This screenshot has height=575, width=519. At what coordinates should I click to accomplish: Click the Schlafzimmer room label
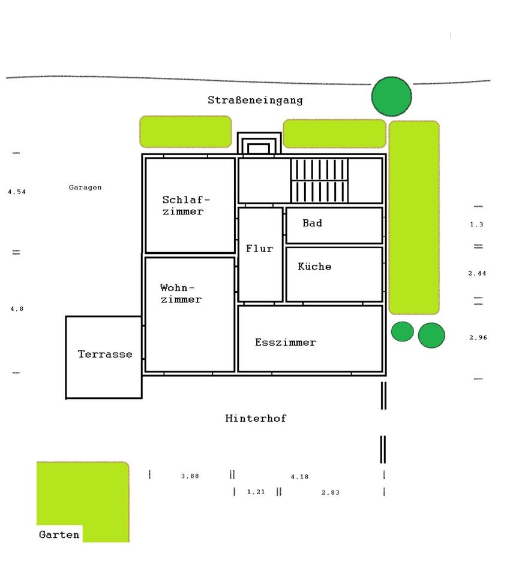pyautogui.click(x=186, y=205)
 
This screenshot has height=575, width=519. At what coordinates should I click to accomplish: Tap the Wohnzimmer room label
pyautogui.click(x=181, y=293)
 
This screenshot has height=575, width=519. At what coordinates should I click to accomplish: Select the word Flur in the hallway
pyautogui.click(x=260, y=249)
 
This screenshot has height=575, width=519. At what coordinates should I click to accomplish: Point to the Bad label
pyautogui.click(x=312, y=223)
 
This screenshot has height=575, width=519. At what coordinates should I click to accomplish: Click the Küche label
pyautogui.click(x=315, y=266)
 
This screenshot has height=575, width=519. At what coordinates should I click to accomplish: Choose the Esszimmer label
pyautogui.click(x=286, y=342)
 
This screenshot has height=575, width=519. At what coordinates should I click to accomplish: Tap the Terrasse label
pyautogui.click(x=105, y=354)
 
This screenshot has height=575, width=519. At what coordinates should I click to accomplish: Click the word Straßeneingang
pyautogui.click(x=255, y=100)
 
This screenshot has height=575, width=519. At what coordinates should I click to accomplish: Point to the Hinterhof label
pyautogui.click(x=256, y=418)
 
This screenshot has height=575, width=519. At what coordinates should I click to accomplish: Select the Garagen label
pyautogui.click(x=85, y=187)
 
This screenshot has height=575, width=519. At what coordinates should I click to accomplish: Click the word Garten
pyautogui.click(x=59, y=534)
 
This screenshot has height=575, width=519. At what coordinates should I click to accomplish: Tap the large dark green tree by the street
pyautogui.click(x=392, y=96)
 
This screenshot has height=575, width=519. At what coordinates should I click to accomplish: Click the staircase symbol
pyautogui.click(x=319, y=180)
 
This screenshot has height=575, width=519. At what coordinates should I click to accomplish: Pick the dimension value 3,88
pyautogui.click(x=190, y=476)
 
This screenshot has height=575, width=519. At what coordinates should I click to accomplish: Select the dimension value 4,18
pyautogui.click(x=300, y=477)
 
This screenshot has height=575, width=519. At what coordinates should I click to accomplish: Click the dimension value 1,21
pyautogui.click(x=256, y=492)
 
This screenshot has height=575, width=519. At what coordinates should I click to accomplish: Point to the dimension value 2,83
pyautogui.click(x=331, y=492)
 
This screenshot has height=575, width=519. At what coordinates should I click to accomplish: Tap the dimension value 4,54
pyautogui.click(x=17, y=192)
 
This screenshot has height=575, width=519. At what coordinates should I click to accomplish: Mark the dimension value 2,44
pyautogui.click(x=477, y=273)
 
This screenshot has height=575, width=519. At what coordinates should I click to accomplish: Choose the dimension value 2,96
pyautogui.click(x=478, y=337)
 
